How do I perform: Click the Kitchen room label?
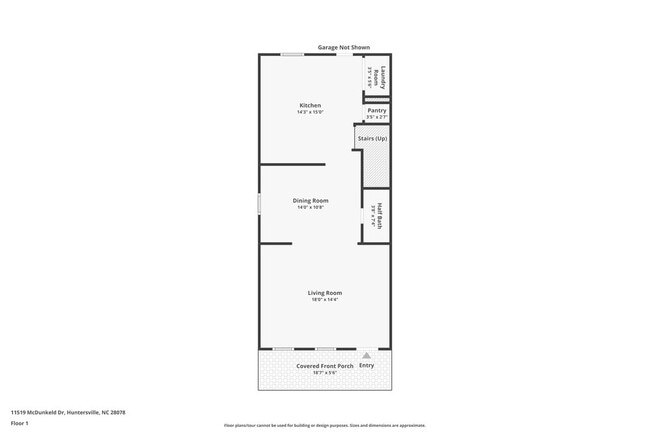tap(310, 105)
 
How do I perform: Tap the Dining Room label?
tap(310, 200)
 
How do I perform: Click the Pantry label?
tap(376, 111)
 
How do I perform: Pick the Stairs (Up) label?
tap(372, 138)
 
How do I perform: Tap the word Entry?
tap(366, 366)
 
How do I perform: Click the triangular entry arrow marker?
tap(366, 354)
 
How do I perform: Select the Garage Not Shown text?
tap(342, 47)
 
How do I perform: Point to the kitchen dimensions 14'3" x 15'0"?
tap(310, 112)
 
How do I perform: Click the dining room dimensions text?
tap(310, 207)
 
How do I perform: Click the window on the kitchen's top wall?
tap(292, 54)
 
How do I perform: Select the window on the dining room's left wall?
tap(260, 203)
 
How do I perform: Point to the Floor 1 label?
tap(19, 423)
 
